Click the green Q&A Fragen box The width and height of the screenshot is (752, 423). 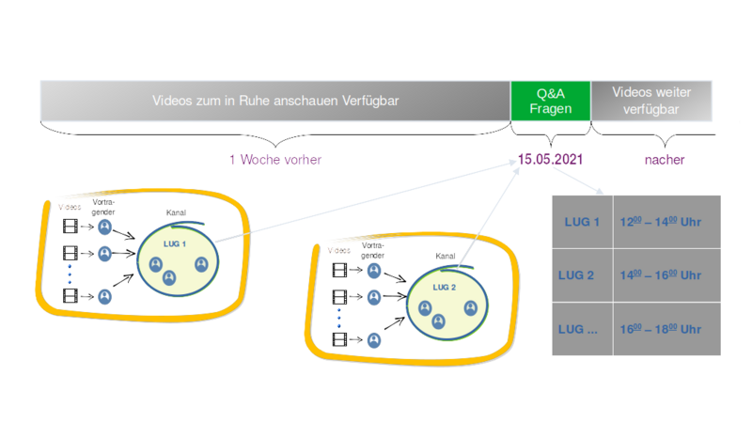(x=550, y=100)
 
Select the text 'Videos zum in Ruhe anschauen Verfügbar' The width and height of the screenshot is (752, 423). (x=274, y=100)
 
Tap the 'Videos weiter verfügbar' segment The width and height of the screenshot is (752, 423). (x=652, y=100)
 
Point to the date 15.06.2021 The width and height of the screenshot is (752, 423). (x=551, y=160)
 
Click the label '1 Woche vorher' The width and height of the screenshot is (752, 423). (x=275, y=160)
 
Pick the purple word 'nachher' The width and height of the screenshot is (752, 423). (x=664, y=160)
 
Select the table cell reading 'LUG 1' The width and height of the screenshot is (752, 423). (x=580, y=222)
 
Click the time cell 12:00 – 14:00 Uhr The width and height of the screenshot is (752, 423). (x=662, y=222)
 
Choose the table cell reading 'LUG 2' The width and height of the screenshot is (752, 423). (x=580, y=275)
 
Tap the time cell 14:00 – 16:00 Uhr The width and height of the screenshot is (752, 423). (x=662, y=275)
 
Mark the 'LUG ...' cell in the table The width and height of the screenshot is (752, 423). (x=580, y=330)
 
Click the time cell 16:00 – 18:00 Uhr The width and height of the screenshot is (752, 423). (x=662, y=330)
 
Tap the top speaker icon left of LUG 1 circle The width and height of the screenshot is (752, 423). (x=105, y=227)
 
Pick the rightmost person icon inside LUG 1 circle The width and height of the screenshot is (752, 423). (x=201, y=264)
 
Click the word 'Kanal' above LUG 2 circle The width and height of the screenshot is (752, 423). (x=446, y=255)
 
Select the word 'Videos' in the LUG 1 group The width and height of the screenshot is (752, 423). (x=69, y=206)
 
